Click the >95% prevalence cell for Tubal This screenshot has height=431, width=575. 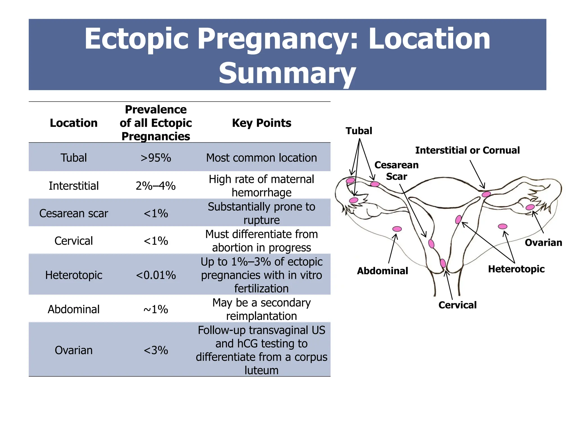[156, 158]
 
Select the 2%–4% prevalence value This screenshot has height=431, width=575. [156, 186]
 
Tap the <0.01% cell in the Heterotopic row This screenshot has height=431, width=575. [156, 275]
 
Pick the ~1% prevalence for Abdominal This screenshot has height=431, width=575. [156, 309]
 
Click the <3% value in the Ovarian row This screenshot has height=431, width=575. [156, 350]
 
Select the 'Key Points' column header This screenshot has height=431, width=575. [261, 123]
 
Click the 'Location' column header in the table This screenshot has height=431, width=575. [74, 123]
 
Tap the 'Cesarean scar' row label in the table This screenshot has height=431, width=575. [74, 213]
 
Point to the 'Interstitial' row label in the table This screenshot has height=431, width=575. [74, 186]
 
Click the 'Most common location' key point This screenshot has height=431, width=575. [261, 158]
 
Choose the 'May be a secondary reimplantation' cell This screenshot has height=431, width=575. [261, 309]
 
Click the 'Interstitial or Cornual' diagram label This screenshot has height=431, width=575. [467, 150]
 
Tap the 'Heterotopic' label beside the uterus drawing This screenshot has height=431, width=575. [516, 269]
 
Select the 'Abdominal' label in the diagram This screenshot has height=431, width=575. [382, 271]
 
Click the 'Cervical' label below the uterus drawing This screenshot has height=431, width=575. [457, 305]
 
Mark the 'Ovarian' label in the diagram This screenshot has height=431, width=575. [543, 242]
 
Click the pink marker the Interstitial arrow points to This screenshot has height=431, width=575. [486, 194]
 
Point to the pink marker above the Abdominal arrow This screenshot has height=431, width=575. [397, 229]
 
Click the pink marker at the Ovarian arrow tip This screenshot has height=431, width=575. [530, 207]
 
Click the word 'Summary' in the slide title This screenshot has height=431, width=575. [287, 73]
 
